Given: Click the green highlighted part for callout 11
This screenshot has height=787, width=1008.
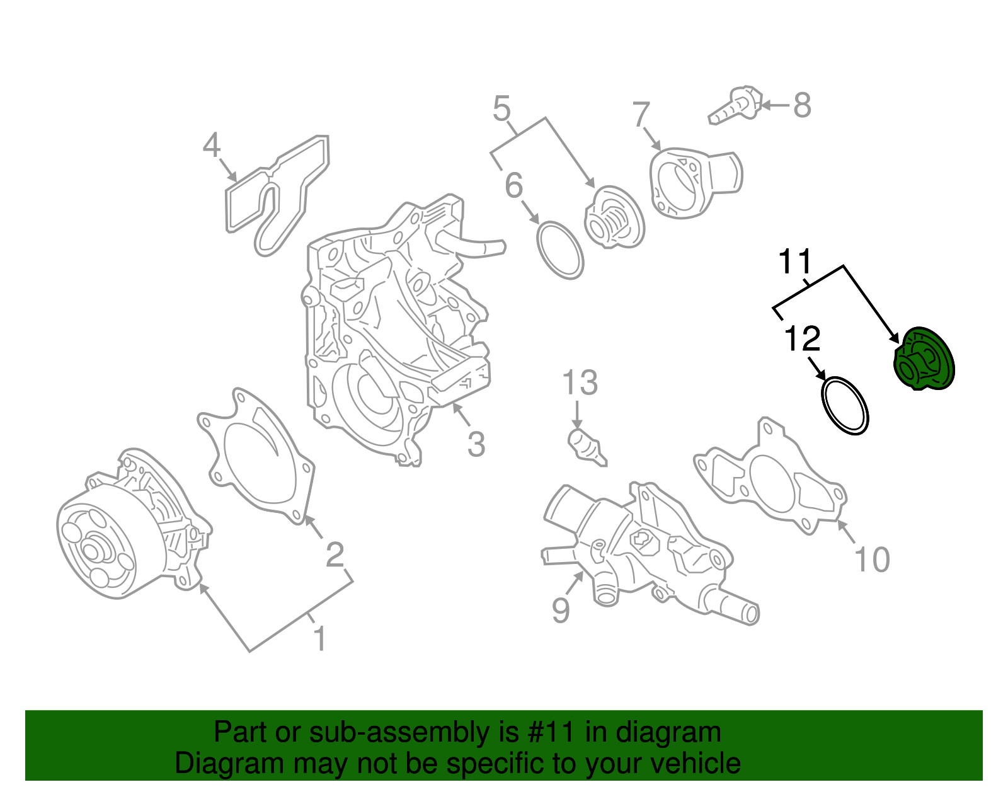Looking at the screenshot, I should coord(925,359).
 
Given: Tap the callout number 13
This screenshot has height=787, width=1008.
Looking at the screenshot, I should coord(580,382).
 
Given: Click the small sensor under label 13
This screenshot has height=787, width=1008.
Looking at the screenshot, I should coord(587,447).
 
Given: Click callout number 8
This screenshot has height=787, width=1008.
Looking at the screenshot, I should coord(802,105).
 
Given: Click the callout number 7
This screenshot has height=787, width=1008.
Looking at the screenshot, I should coord(641,115).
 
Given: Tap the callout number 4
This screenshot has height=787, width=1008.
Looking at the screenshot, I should coord(212,146).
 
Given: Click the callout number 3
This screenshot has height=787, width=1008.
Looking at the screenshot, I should coord(476,444).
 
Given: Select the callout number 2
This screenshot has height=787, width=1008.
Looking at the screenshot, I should coord(335,554).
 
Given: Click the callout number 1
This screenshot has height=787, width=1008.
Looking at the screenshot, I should coord(320,638).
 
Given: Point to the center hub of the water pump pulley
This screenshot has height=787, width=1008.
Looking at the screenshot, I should coord(92,549).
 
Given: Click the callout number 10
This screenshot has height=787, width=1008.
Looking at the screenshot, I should coord(872,560).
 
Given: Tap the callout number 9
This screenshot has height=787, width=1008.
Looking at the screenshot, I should coord(561,609).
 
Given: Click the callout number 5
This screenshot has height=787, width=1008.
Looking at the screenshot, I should coord(501,109).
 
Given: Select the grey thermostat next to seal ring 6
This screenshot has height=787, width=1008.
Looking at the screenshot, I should coord(614,217).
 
